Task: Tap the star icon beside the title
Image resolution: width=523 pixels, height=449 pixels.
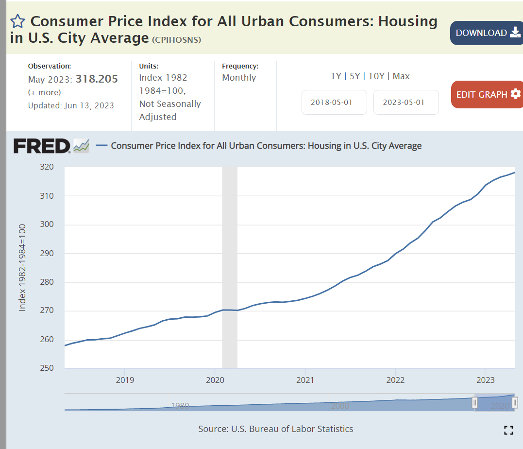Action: [17, 21]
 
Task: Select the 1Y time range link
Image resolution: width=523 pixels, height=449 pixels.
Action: [336, 76]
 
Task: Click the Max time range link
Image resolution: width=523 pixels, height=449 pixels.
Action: [401, 76]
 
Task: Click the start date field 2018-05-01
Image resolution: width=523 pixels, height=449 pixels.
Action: [334, 103]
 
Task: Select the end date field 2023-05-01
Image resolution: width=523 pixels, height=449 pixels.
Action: [406, 103]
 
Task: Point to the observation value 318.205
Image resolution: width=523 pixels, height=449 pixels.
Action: [97, 79]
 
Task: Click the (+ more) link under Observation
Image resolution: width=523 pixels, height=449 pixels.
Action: [44, 92]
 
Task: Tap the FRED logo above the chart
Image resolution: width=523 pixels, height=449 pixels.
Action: [42, 146]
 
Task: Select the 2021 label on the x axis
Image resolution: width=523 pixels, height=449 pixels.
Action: [305, 380]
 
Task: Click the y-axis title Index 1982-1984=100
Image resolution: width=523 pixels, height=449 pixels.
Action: [22, 267]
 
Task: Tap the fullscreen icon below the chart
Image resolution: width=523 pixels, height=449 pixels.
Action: [508, 430]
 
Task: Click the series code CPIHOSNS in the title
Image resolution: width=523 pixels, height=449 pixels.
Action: [176, 40]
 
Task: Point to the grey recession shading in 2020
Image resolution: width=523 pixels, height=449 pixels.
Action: [230, 267]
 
